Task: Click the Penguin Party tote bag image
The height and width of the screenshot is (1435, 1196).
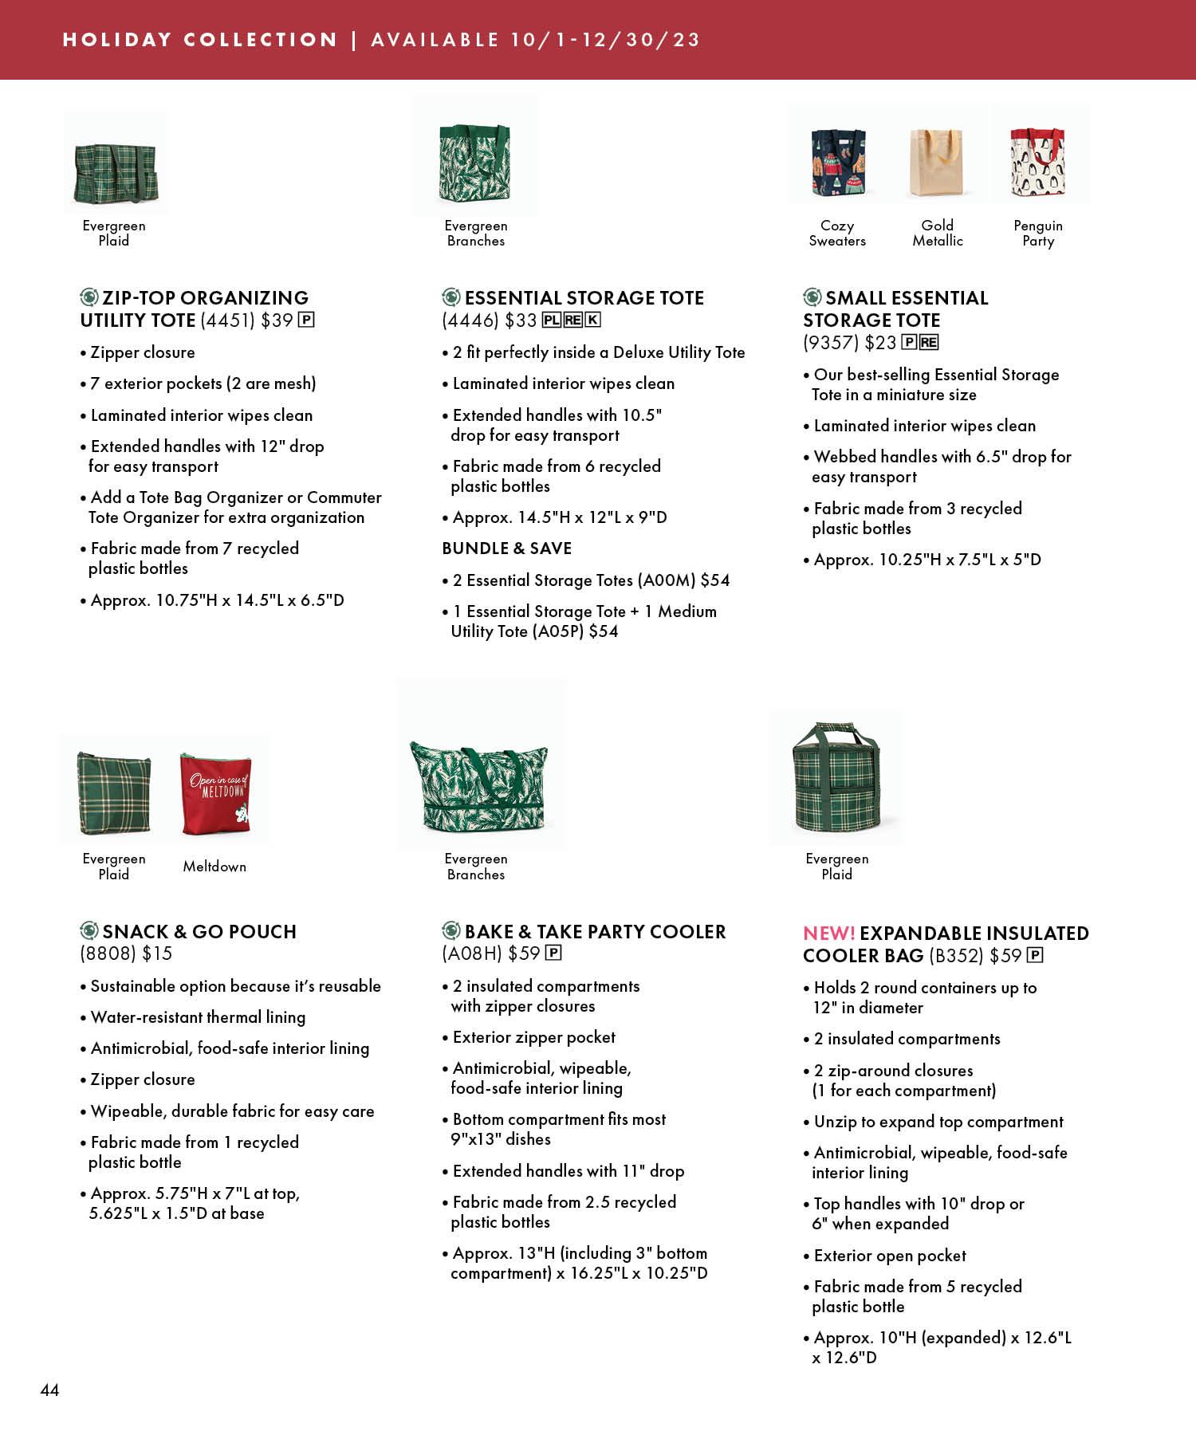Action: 1037,163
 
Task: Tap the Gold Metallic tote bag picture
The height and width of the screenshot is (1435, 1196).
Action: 937,163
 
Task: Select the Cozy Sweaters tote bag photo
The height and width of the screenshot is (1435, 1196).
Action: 837,163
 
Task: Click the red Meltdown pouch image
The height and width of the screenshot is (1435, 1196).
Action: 214,793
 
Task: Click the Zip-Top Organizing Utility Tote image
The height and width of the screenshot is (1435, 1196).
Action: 116,171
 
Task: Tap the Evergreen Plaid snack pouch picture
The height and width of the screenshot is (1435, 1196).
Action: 114,793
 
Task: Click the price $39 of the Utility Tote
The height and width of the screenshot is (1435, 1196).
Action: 277,320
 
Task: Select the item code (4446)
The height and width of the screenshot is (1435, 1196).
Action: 470,320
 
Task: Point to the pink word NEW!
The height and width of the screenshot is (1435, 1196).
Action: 828,934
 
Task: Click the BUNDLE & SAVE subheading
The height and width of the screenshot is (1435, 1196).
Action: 506,548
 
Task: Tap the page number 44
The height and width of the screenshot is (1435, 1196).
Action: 49,1390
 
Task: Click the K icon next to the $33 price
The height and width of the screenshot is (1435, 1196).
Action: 592,320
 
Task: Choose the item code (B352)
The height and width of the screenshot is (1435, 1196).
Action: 955,956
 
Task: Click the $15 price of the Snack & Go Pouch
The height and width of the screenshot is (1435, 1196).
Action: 157,953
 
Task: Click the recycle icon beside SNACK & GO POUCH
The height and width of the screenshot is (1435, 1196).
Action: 89,930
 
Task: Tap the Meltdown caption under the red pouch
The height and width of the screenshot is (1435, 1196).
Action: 214,867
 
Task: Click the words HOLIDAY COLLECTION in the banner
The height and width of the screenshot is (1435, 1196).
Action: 199,40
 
